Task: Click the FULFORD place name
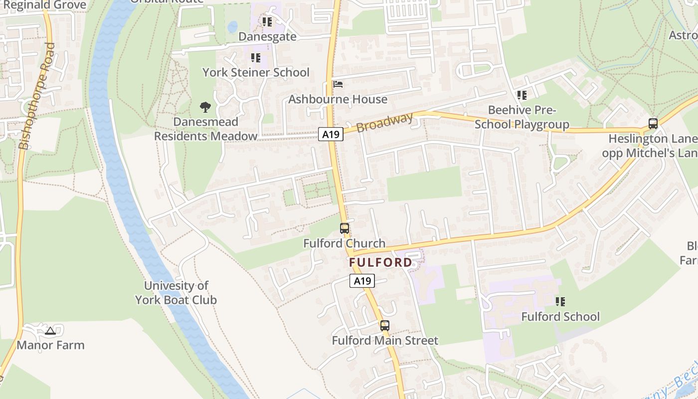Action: point(381,262)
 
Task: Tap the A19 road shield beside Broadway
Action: point(331,134)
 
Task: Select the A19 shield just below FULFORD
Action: point(362,281)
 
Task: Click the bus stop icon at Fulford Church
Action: point(345,228)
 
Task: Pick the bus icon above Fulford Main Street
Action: point(384,326)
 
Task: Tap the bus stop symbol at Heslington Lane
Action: point(653,123)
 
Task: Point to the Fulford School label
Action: point(560,317)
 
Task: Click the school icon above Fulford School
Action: point(560,301)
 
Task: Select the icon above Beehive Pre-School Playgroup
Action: point(522,95)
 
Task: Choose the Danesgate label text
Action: point(267,37)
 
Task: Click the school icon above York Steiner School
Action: point(256,58)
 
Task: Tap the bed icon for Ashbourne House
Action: point(338,84)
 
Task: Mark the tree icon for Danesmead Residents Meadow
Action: point(205,106)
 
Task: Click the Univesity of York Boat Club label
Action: point(176,293)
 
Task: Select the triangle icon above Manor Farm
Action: point(50,330)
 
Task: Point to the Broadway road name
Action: point(384,123)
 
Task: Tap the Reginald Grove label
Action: point(45,5)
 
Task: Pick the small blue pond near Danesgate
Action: point(232,26)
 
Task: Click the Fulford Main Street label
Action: point(385,341)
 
